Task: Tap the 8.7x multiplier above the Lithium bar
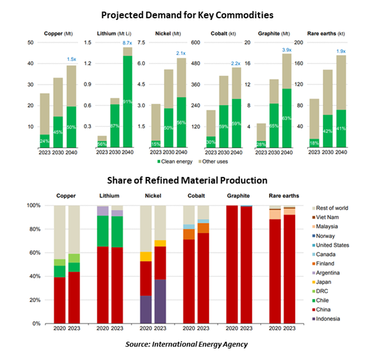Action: click(x=128, y=43)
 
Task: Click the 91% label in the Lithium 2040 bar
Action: click(x=128, y=102)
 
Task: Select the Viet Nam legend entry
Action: click(x=333, y=217)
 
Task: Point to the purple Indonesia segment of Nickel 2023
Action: click(x=160, y=301)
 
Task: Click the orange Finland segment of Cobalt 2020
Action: click(x=188, y=234)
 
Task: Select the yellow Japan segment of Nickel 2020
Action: click(x=146, y=256)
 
